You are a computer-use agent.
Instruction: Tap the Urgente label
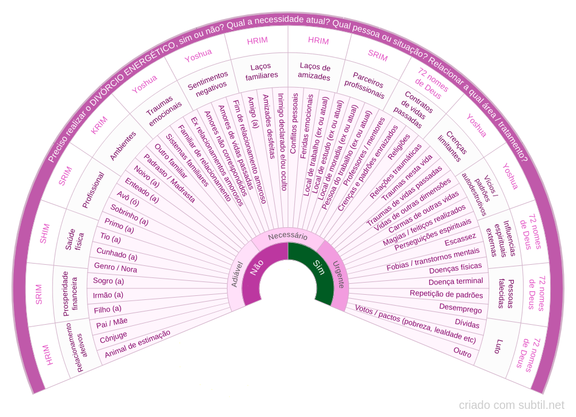click(x=338, y=273)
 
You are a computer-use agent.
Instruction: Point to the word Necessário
click(x=287, y=236)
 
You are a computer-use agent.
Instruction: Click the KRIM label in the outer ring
click(x=99, y=126)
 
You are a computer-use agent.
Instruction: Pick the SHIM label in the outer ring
click(x=43, y=234)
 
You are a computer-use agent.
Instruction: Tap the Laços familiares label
click(x=262, y=72)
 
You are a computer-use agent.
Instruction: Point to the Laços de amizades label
click(x=314, y=72)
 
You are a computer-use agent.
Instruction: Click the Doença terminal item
click(x=456, y=281)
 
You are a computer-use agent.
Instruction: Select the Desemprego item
click(x=460, y=309)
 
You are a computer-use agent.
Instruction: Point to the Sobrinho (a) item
click(x=130, y=215)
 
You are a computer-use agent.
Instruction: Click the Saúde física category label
click(x=74, y=236)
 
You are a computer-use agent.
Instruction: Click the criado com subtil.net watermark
click(x=511, y=405)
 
